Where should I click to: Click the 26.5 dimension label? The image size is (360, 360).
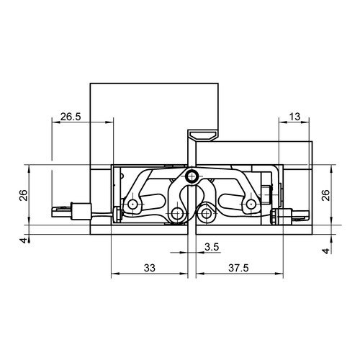tap(71, 117)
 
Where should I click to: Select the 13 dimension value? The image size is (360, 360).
tap(294, 117)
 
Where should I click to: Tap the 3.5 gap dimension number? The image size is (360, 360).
tap(212, 247)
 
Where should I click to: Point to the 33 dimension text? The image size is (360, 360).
tap(150, 268)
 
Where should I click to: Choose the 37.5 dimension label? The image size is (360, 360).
tap(238, 268)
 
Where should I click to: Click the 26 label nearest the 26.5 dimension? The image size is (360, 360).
tap(24, 195)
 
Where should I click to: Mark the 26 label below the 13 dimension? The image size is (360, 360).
tap(325, 195)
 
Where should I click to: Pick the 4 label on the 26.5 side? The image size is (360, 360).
tap(24, 240)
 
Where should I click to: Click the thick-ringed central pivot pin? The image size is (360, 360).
tap(192, 176)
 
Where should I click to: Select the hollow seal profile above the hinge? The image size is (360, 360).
tap(203, 135)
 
